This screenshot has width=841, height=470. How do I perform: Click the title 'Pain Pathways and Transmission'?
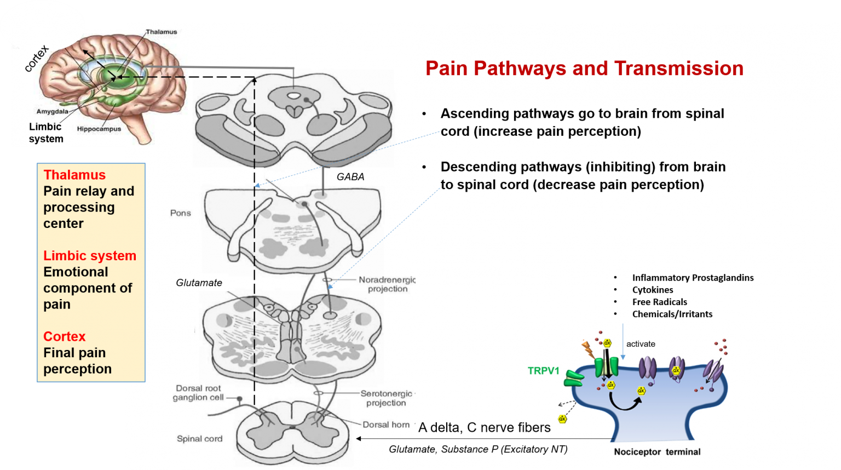584,68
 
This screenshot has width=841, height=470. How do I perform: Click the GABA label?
350,177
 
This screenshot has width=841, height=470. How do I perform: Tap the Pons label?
181,213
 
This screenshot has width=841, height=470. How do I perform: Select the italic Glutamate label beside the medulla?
199,283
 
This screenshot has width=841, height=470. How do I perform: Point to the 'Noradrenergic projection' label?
387,284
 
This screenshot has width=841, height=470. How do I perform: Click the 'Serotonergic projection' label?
386,398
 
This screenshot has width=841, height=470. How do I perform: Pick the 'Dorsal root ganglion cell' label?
198,393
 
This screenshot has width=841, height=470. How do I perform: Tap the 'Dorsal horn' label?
386,425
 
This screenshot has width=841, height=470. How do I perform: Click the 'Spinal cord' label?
199,439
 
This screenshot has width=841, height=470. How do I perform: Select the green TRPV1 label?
543,371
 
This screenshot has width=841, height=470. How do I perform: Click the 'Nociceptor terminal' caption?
657,452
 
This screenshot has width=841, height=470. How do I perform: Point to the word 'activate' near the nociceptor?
641,344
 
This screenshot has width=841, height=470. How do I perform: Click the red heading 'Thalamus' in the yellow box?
74,175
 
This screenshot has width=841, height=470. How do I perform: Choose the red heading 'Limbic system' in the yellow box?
90,256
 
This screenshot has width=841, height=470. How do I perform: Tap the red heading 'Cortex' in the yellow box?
65,336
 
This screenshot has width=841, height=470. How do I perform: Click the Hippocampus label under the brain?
99,129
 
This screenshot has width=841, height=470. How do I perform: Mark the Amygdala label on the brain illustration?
53,112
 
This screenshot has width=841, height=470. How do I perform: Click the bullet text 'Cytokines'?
653,290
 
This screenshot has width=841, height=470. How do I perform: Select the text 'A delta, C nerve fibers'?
484,428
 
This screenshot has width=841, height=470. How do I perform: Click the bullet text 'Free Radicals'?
659,302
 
